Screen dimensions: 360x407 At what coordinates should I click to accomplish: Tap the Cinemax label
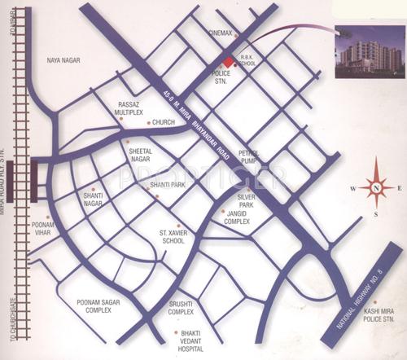coord(221,33)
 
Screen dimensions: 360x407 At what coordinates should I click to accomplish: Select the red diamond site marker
coord(228,63)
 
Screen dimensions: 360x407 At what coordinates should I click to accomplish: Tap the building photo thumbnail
coord(369,55)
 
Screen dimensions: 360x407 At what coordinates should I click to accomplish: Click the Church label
coord(164,122)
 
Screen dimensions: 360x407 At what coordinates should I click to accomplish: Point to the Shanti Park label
coord(168,186)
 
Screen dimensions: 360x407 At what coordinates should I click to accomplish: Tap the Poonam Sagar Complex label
coord(98,306)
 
